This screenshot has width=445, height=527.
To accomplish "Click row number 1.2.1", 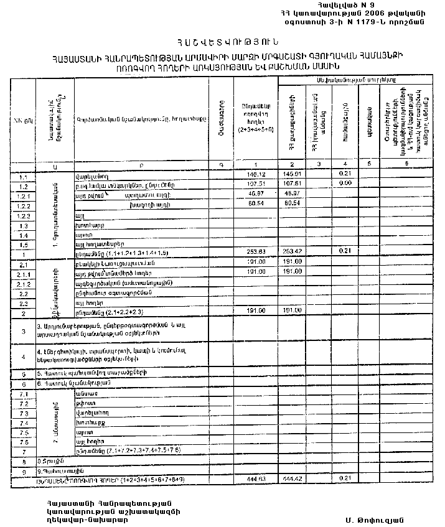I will tap(24, 195).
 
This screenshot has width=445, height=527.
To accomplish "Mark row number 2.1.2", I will tap(24, 282).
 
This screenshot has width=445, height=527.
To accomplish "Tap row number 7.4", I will tap(24, 422).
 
